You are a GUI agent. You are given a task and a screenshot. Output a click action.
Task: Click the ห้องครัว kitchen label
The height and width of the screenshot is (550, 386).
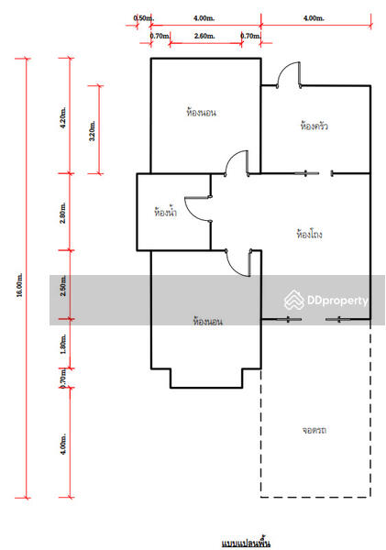pyautogui.click(x=314, y=125)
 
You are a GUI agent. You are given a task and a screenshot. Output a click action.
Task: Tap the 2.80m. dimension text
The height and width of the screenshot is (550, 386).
pyautogui.click(x=61, y=212)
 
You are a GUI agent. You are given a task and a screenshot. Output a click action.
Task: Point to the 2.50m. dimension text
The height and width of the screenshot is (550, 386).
pyautogui.click(x=61, y=285)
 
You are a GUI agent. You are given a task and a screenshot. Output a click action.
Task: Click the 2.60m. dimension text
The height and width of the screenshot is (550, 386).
pyautogui.click(x=204, y=36)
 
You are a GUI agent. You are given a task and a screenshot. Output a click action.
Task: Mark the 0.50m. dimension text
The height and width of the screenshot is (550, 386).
pyautogui.click(x=143, y=17)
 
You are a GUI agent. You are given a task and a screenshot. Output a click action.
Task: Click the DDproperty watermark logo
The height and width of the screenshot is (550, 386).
pyautogui.click(x=326, y=300)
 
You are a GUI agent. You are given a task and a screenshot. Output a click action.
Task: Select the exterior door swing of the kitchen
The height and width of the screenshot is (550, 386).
pyautogui.click(x=288, y=74)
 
